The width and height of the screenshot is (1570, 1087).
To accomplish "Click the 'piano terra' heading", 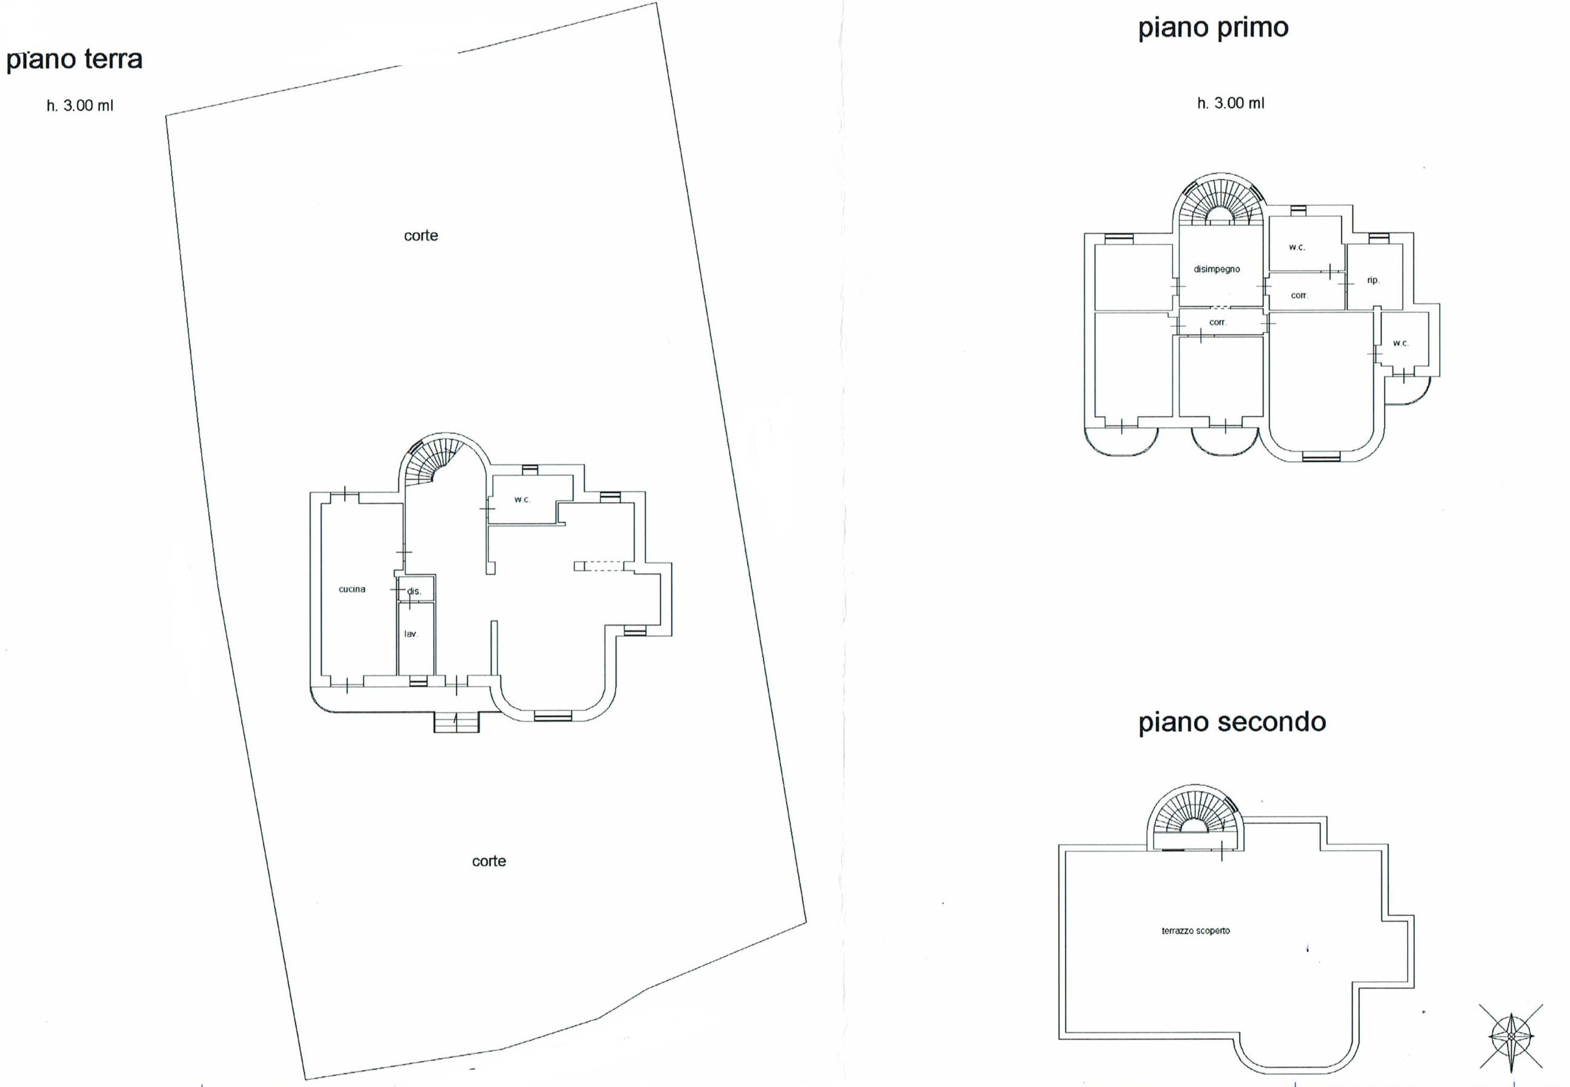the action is tap(74, 60).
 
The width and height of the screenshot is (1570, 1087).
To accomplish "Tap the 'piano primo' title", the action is tap(1213, 29).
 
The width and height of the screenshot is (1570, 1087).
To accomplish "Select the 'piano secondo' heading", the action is tap(1232, 723).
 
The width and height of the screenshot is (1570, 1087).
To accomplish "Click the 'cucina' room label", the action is tap(352, 589).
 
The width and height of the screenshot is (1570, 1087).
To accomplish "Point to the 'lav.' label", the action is tap(411, 634).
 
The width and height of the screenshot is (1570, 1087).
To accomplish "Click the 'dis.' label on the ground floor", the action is tap(414, 591).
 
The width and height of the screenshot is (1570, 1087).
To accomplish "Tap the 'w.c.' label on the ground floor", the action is tap(522, 500).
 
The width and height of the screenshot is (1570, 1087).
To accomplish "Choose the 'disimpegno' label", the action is tap(1217, 269).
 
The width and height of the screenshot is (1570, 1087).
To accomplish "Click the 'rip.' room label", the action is tap(1373, 280).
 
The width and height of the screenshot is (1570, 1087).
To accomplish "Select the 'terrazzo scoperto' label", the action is tap(1196, 930).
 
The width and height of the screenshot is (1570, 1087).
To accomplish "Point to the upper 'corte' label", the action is tap(421, 236).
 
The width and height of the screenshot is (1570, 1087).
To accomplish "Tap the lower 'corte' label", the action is tap(489, 861).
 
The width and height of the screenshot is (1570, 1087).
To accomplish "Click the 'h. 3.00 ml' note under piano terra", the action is tap(80, 106).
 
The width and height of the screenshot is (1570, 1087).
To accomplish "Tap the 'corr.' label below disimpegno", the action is tap(1217, 322).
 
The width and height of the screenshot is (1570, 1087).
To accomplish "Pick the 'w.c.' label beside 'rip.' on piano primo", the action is tap(1297, 247).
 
